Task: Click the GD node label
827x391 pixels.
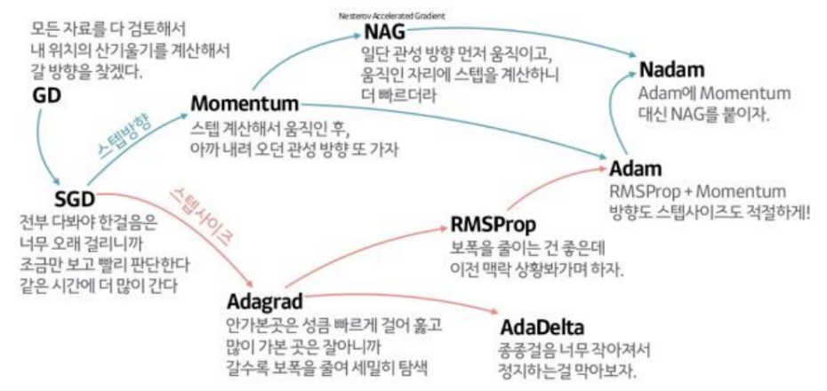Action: click(46, 94)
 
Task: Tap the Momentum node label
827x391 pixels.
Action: click(244, 105)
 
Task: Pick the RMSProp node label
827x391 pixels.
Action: click(492, 221)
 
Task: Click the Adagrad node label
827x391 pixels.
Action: click(265, 298)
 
